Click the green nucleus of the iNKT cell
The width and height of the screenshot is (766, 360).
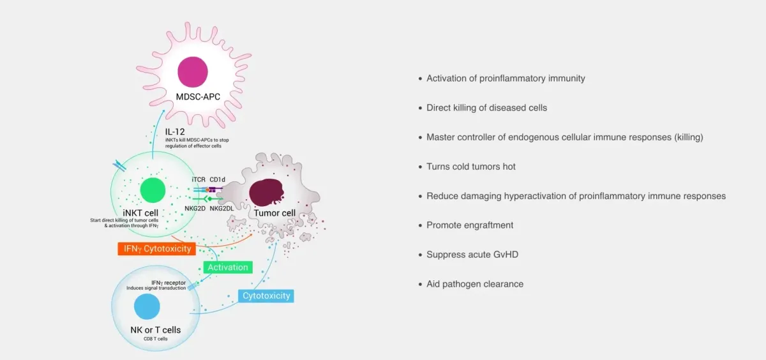[153, 191]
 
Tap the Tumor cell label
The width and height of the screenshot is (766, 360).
[275, 213]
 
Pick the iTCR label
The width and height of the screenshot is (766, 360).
[199, 180]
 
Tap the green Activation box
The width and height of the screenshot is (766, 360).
[228, 267]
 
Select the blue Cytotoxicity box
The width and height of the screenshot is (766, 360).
[266, 296]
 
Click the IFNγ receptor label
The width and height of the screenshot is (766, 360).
[168, 281]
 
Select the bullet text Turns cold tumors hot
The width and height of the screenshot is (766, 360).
[471, 167]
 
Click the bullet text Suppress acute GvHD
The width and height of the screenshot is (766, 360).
[472, 255]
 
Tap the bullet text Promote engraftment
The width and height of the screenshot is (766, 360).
[470, 225]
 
